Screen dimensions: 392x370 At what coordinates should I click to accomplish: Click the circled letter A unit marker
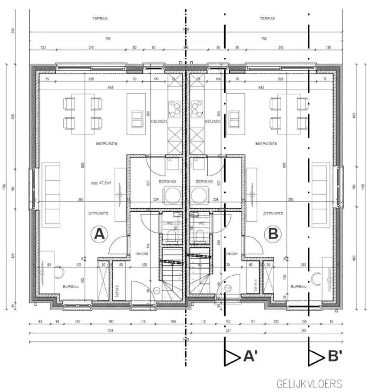pos(99,234)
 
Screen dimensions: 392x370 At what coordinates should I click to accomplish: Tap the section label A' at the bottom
pos(251,356)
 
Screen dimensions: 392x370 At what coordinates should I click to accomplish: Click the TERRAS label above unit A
pos(100,19)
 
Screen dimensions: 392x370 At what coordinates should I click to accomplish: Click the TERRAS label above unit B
pos(267,19)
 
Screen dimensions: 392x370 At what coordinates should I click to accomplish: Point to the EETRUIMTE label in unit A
pos(106,143)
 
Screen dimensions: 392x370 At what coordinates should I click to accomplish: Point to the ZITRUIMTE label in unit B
pos(273,213)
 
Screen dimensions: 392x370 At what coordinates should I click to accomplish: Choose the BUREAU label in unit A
pos(71,287)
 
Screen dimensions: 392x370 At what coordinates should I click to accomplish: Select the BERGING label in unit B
pos(204,181)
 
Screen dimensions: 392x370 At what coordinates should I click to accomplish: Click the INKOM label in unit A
pos(142,254)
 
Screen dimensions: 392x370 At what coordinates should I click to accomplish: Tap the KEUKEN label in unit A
pos(159,121)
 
